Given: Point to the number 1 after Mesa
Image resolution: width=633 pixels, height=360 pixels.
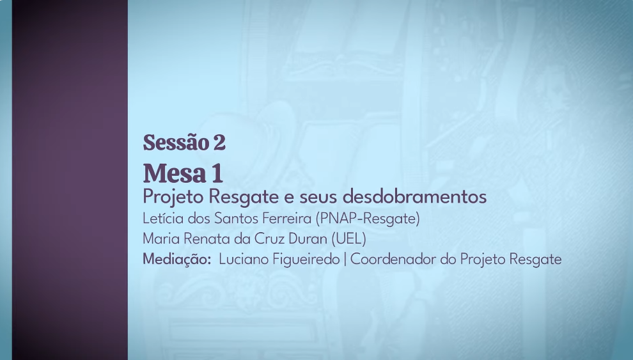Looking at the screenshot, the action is [x=217, y=173].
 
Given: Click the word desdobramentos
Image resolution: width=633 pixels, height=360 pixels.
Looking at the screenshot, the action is [x=414, y=197].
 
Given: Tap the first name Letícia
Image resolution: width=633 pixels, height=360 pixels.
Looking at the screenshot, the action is [x=163, y=218].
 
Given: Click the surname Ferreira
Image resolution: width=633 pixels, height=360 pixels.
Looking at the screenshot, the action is [x=287, y=218].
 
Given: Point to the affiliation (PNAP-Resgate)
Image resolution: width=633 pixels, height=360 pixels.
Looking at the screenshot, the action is [x=368, y=218].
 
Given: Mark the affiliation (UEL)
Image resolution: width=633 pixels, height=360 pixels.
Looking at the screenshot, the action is [x=349, y=239].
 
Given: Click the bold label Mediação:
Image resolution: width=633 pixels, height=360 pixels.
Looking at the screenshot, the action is [x=177, y=260].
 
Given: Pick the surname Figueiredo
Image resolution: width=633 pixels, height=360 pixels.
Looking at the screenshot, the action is [x=306, y=260].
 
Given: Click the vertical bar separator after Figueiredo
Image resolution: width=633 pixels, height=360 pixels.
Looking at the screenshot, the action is [x=345, y=260].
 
